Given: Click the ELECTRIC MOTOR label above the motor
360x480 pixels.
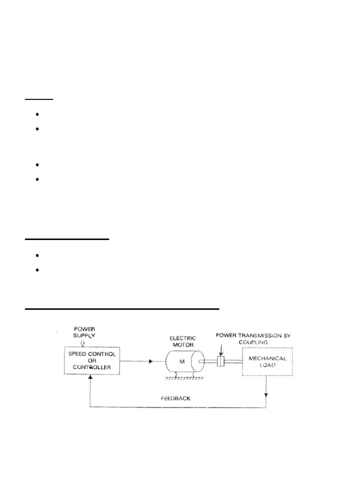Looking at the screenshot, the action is [x=184, y=341].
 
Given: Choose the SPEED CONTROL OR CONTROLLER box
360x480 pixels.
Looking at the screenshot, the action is [x=91, y=360].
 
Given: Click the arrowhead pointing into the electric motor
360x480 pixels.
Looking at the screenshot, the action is [x=151, y=361].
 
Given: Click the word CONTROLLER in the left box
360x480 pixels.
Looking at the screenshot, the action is [x=92, y=367].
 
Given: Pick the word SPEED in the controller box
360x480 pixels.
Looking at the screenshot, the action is [x=78, y=353].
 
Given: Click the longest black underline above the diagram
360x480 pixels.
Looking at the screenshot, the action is [x=122, y=309].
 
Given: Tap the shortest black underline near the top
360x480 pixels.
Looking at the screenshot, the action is [x=39, y=99].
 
